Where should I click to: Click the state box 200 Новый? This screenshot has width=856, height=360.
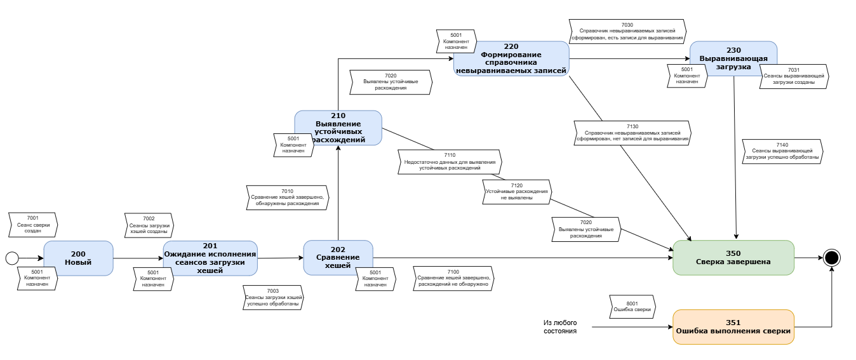point(78,258)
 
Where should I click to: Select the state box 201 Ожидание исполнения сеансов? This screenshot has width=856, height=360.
point(210,258)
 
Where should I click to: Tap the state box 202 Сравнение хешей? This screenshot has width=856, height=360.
point(338,257)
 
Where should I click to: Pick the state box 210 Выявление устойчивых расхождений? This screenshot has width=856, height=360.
point(338,128)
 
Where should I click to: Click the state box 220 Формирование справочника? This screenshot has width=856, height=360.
point(511,58)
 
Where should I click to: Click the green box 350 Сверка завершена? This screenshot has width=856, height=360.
point(733,257)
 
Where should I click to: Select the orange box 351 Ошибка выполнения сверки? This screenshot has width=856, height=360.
point(733,326)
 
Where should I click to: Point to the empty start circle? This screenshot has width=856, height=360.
point(11,258)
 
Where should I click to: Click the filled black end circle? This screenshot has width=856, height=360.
point(832,258)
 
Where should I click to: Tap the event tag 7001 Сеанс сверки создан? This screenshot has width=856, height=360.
point(33,225)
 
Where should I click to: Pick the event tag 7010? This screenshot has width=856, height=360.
point(288,197)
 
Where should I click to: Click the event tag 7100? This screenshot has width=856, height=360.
point(453,277)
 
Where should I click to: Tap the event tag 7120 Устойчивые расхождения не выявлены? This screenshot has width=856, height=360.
point(517,191)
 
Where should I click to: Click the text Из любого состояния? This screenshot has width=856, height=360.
point(560,326)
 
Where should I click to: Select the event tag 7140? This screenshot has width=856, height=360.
point(782,152)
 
